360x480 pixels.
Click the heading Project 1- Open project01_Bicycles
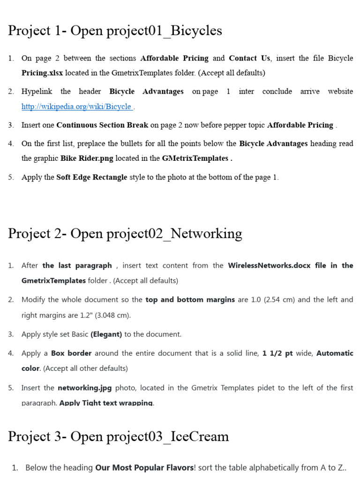tap(115, 31)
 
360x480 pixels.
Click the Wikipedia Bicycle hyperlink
tap(77, 107)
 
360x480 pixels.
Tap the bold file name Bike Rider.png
tap(87, 158)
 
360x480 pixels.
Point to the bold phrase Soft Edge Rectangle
tap(92, 178)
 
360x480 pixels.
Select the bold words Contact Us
tap(249, 59)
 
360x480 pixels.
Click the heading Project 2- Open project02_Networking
tap(125, 233)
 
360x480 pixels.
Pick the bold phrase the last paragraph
tap(77, 266)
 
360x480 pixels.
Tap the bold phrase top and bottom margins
tap(190, 300)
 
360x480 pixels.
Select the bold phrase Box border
tap(71, 353)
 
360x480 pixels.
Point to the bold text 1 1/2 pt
tap(277, 353)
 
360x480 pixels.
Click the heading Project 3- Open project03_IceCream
tap(118, 436)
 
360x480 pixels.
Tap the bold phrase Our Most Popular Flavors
tap(144, 468)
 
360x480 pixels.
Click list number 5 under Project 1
tap(11, 178)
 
